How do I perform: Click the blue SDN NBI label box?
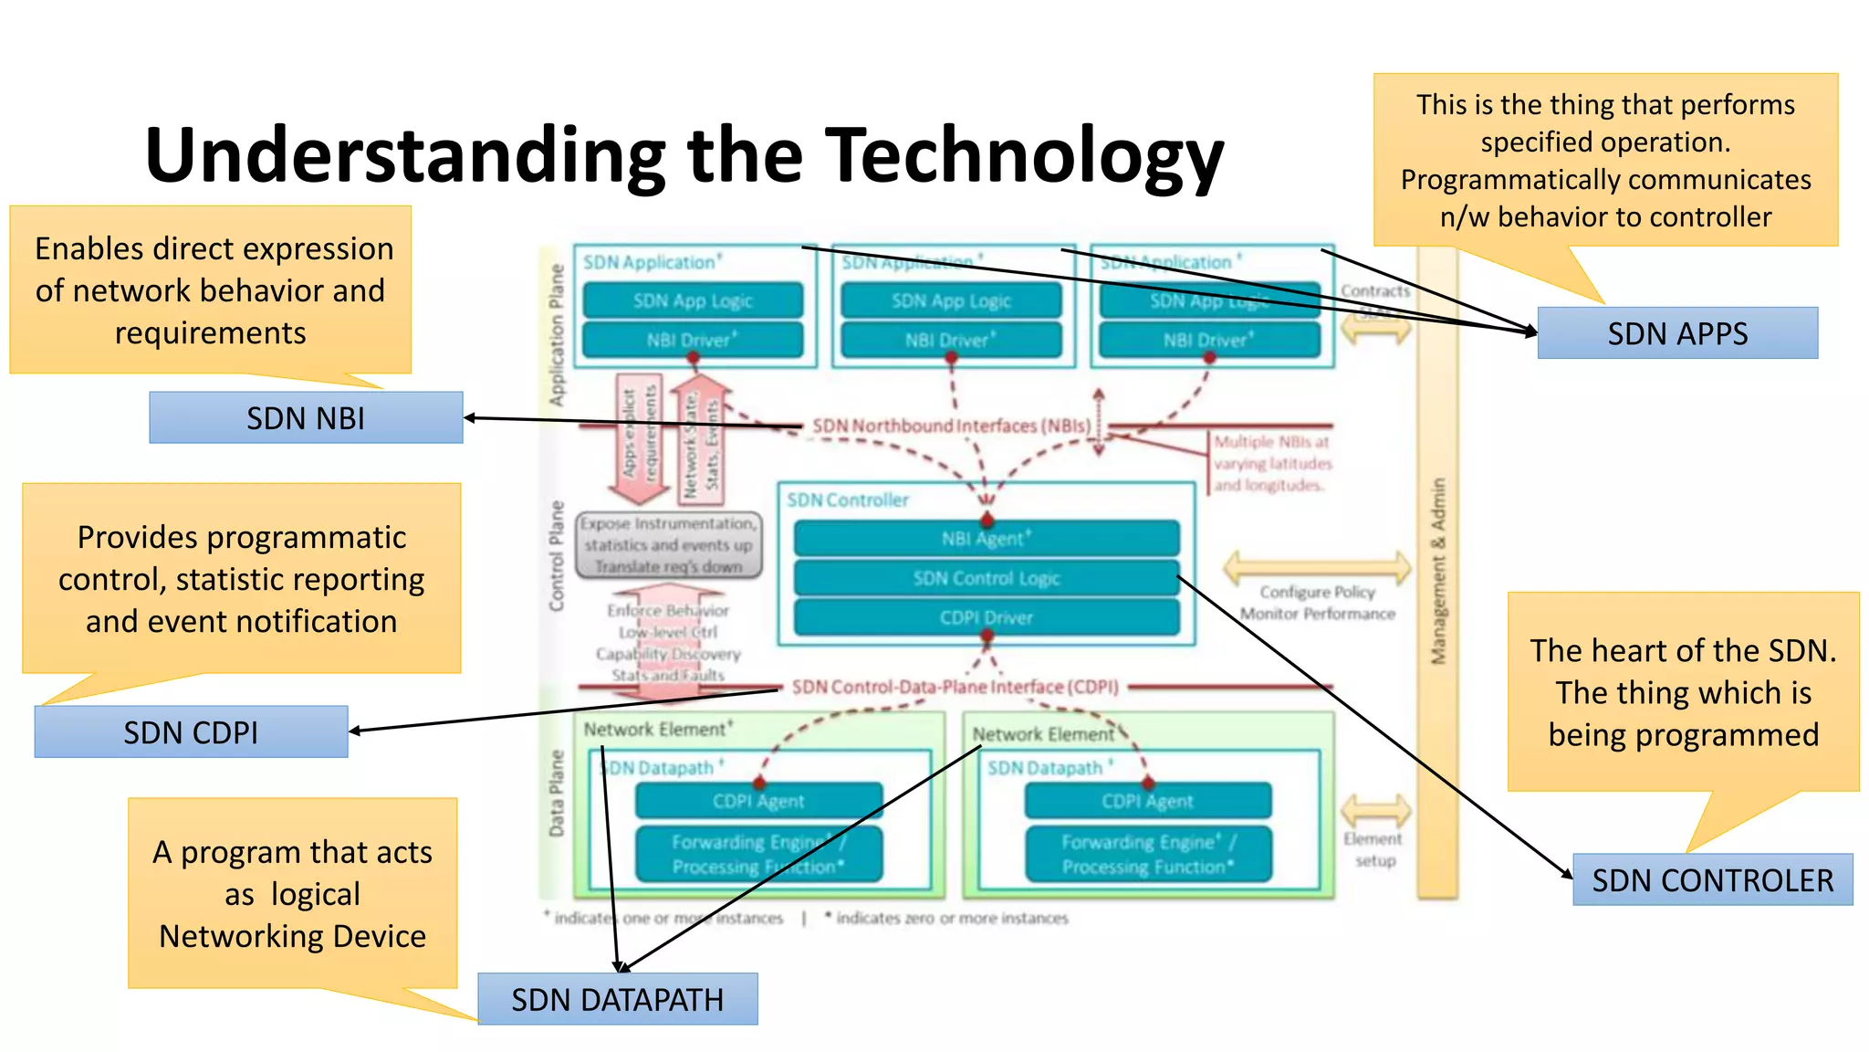coord(306,418)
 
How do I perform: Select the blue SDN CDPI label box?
coord(191,732)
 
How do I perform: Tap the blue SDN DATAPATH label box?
coord(617,999)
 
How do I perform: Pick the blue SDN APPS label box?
coord(1677,333)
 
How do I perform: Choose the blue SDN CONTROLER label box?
coord(1712,879)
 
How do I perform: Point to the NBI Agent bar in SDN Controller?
coord(986,539)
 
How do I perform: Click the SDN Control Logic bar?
coord(986,578)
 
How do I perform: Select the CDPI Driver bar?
coord(986,618)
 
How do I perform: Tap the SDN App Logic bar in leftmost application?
coord(693,301)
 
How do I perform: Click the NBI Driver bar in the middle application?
coord(951,341)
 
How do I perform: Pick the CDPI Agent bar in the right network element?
coord(1147,801)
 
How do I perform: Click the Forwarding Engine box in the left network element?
coord(758,854)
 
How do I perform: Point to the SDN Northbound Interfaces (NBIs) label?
coord(951,426)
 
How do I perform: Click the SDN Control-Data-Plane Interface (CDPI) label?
coord(955,687)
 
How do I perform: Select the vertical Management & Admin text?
coord(1438,571)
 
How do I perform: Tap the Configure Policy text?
coord(1317,592)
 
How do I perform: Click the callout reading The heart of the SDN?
coord(1683,692)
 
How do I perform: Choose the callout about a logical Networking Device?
coord(292,893)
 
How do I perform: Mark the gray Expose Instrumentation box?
coord(669,545)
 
